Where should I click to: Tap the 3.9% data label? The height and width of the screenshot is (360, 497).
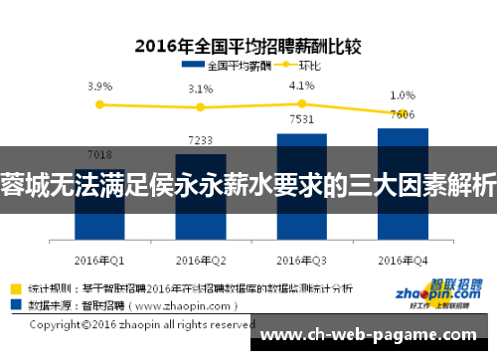tap(99, 87)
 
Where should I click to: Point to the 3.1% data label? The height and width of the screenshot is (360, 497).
tap(201, 90)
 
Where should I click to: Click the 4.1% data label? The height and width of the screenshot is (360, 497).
tap(302, 85)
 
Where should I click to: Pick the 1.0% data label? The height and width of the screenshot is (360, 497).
tap(403, 95)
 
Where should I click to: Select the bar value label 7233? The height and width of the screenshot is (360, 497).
tap(201, 140)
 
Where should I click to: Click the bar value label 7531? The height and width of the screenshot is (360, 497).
tap(302, 120)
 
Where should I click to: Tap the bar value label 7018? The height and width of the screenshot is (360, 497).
tap(99, 154)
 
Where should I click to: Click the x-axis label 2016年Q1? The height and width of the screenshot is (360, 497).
tap(99, 260)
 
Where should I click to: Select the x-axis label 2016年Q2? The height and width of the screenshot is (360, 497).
tap(201, 260)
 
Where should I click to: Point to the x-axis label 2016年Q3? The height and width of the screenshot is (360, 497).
tap(302, 260)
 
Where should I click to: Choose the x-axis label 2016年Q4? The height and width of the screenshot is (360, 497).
tap(403, 260)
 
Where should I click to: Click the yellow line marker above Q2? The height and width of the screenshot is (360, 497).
tap(201, 107)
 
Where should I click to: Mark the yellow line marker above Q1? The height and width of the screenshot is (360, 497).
tap(99, 102)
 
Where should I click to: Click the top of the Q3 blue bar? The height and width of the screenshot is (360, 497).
tap(302, 134)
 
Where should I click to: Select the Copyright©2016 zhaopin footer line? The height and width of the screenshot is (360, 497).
tap(142, 324)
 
